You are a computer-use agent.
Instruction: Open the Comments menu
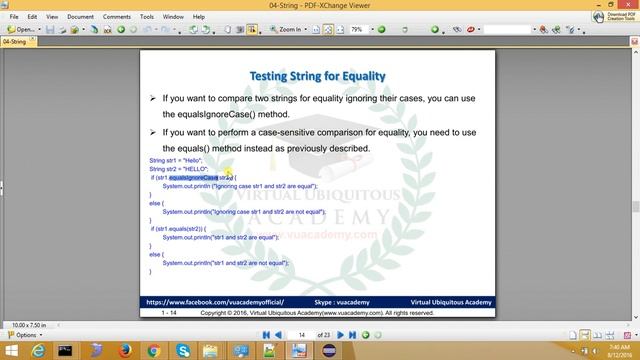pyautogui.click(x=116, y=17)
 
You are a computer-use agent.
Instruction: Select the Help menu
pyautogui.click(x=200, y=17)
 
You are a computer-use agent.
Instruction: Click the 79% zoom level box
pyautogui.click(x=361, y=30)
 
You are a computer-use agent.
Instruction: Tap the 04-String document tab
pyautogui.click(x=14, y=43)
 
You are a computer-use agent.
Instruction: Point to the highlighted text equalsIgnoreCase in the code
pyautogui.click(x=193, y=177)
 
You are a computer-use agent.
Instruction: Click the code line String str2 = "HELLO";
pyautogui.click(x=178, y=169)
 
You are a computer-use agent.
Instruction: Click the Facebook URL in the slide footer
pyautogui.click(x=215, y=300)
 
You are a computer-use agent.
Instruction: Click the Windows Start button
pyautogui.click(x=9, y=350)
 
